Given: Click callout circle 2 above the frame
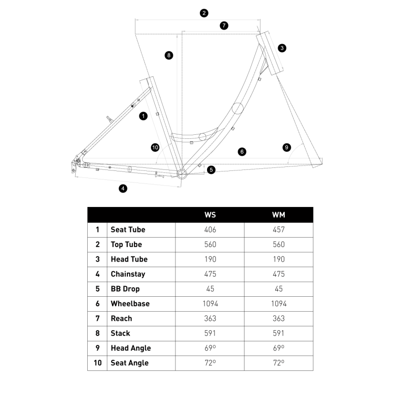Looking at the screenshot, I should [x=204, y=13].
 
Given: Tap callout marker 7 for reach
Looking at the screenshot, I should [x=224, y=25].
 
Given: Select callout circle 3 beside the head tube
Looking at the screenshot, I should [x=282, y=48].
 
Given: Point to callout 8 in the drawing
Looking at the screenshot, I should [x=169, y=55].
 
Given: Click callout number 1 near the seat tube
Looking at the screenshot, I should [x=143, y=116].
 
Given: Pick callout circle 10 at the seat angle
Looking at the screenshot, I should [x=155, y=147].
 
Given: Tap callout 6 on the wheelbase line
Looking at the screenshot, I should [x=242, y=151].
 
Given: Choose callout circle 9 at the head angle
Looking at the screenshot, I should [x=286, y=147].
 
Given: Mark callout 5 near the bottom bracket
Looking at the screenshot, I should [x=211, y=170].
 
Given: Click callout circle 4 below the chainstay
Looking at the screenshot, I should [x=123, y=188].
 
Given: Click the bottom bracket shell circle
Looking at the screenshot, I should [x=181, y=174].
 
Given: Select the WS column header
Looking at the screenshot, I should [x=210, y=215].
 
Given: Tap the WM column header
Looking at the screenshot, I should [x=279, y=215].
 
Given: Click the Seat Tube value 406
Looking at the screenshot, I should [x=210, y=230].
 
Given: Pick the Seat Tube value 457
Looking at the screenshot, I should [x=279, y=230].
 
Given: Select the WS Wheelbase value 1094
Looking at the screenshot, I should [x=210, y=304].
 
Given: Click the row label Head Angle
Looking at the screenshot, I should [x=130, y=348].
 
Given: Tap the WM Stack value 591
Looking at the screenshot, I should [x=279, y=333].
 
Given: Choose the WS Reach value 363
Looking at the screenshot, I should [x=210, y=318].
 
